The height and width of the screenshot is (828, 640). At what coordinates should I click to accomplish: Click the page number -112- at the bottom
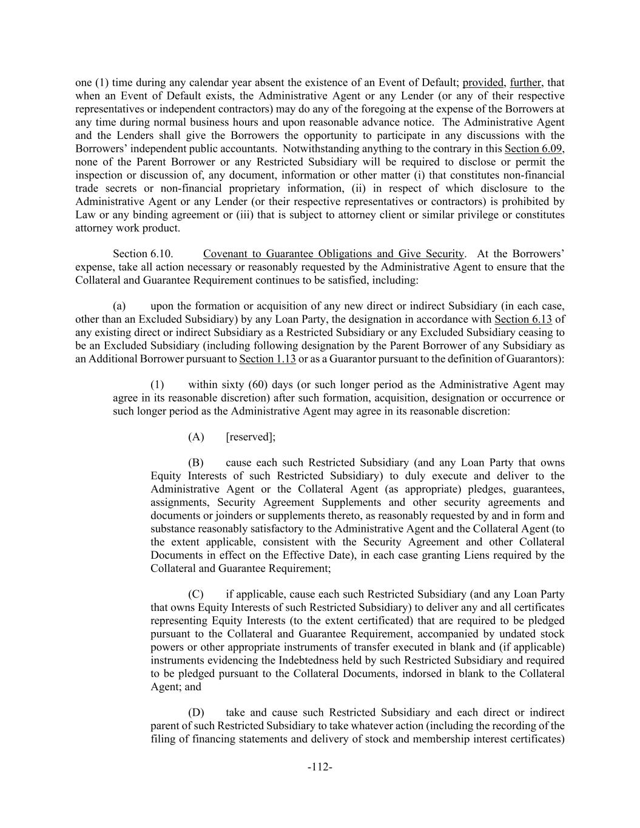click(x=320, y=767)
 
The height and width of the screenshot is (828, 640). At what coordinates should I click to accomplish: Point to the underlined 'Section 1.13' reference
click(x=268, y=359)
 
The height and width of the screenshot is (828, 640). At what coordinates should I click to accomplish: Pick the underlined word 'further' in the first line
click(x=525, y=82)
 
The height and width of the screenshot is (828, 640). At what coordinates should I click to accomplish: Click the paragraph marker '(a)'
click(x=120, y=306)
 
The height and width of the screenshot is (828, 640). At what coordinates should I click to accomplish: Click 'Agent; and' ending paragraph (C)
click(x=176, y=687)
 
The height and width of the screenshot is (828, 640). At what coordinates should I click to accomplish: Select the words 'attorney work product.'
click(x=128, y=228)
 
